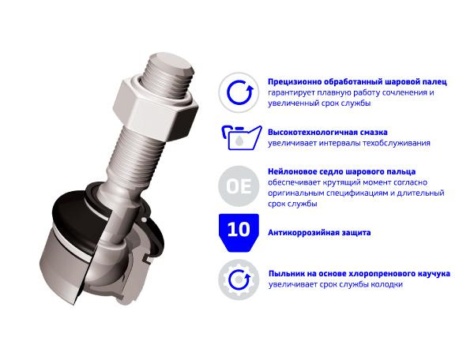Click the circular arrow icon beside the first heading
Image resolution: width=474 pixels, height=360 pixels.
(x=239, y=92)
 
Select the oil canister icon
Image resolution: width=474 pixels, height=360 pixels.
(x=241, y=137)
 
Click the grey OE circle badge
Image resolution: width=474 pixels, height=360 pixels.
(x=239, y=186)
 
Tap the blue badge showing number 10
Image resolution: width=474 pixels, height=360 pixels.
(x=239, y=233)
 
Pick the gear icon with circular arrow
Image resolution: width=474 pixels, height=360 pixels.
(x=239, y=279)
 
